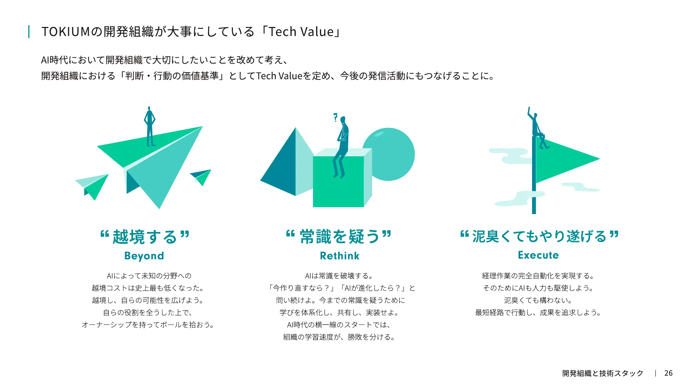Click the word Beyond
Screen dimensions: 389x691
pos(144,256)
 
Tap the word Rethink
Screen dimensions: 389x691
pos(340,256)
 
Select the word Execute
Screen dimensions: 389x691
pos(538,255)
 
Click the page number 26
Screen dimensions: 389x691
pos(668,373)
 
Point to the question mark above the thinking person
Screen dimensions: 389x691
pos(335,117)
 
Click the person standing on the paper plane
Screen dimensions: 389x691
pos(150,126)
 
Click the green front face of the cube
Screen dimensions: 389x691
pos(338,187)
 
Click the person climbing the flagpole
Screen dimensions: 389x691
pos(537,128)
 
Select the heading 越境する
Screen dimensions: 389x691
pos(145,237)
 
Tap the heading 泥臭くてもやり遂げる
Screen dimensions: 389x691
pos(539,237)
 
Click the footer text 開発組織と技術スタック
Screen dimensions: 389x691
pos(603,373)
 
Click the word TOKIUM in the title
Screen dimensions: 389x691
pos(66,32)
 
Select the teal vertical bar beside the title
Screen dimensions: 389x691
pos(29,32)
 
